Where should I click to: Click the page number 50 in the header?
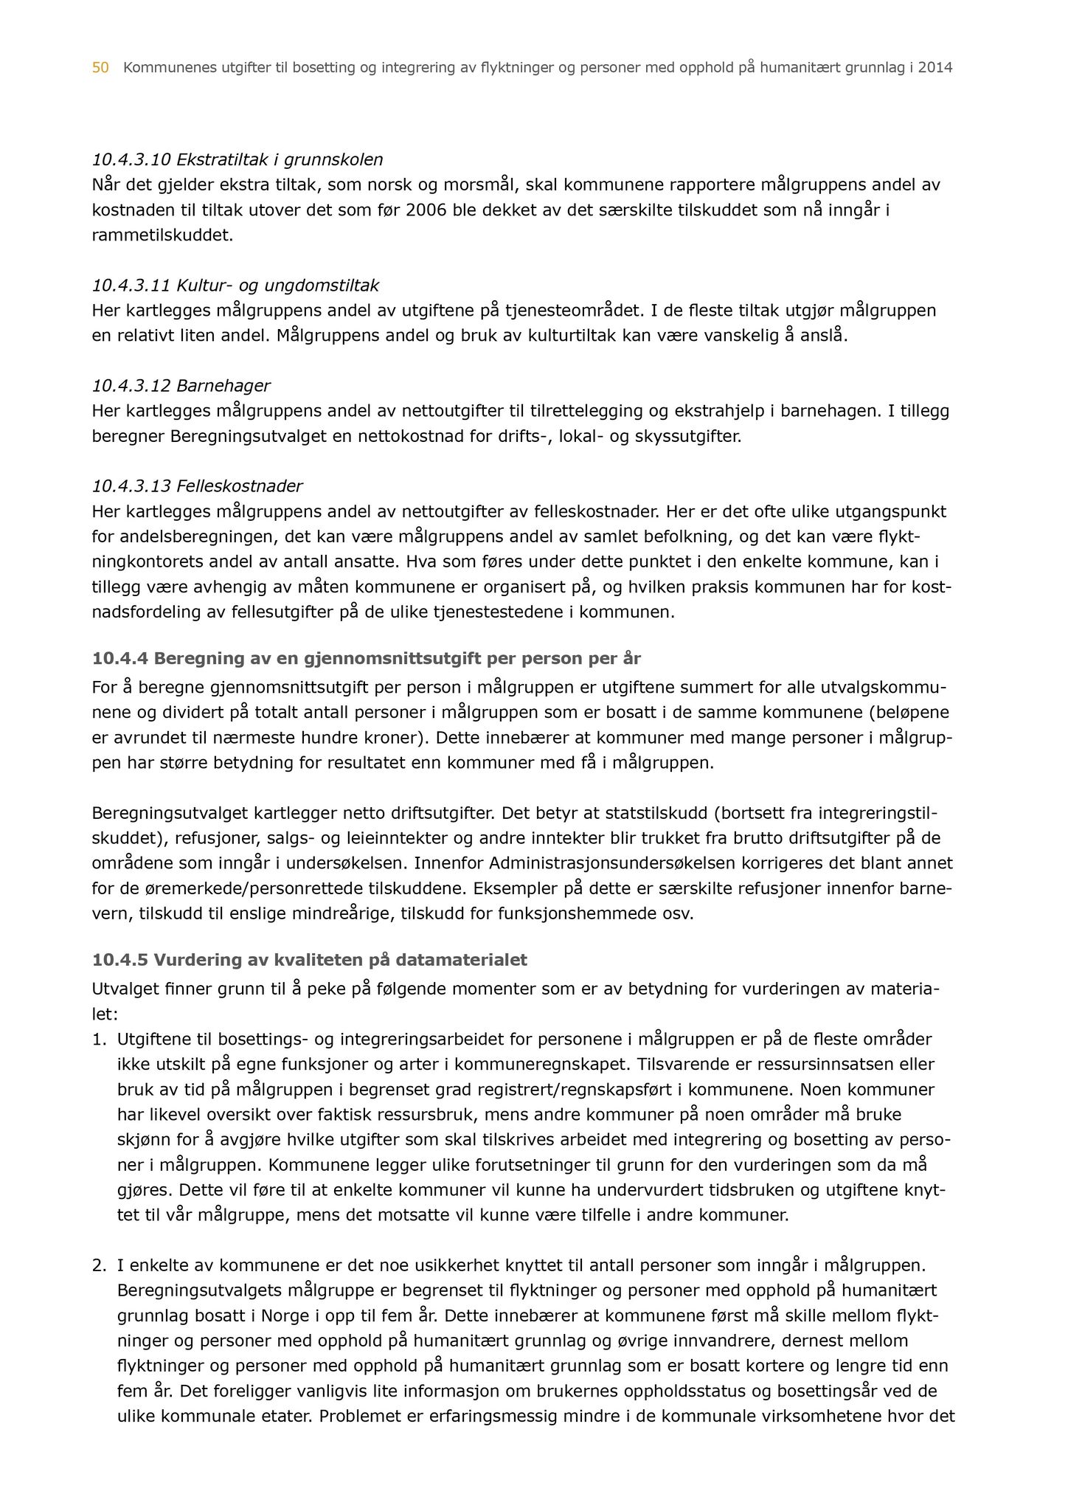pos(100,69)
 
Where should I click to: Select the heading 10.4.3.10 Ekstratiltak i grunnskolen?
pos(237,159)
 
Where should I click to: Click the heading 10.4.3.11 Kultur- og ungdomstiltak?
pos(235,286)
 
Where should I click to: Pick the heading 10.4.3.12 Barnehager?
pos(181,386)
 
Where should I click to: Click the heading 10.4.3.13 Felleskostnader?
pos(197,487)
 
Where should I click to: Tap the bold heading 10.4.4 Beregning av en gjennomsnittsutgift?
pos(367,658)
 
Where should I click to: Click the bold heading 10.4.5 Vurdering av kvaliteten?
pos(310,961)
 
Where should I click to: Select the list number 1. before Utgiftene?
pos(100,1040)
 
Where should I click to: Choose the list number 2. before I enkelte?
pos(100,1266)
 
